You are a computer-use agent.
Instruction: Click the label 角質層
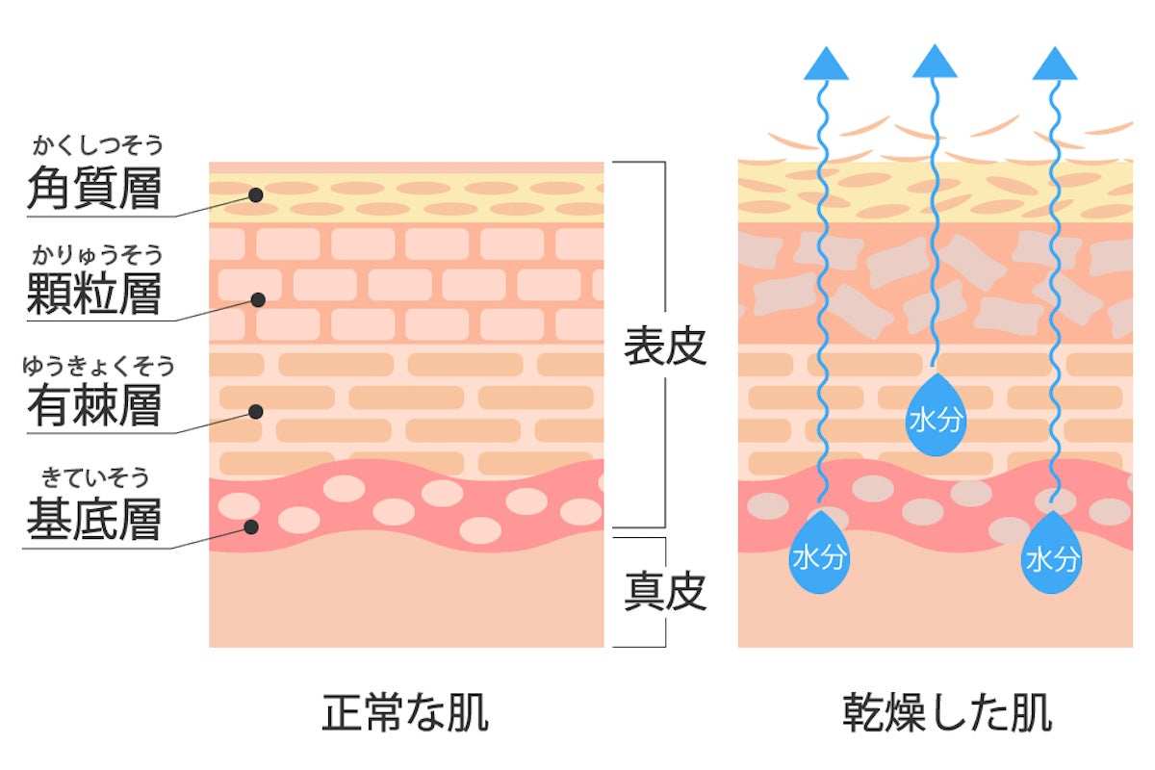tap(93, 189)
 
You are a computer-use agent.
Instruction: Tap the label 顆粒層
tap(93, 293)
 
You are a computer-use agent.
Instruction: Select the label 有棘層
tap(93, 404)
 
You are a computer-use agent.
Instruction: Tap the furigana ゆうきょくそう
tap(100, 366)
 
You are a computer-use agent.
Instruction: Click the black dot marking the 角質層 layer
tap(255, 194)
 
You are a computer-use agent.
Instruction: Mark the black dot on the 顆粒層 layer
tap(258, 299)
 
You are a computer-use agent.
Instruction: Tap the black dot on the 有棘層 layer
tap(255, 412)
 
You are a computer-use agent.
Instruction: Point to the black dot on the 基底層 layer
tap(251, 527)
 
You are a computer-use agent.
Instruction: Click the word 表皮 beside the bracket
tap(665, 347)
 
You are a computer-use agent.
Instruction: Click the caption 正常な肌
tap(405, 714)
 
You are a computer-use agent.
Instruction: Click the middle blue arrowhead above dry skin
tap(935, 63)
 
